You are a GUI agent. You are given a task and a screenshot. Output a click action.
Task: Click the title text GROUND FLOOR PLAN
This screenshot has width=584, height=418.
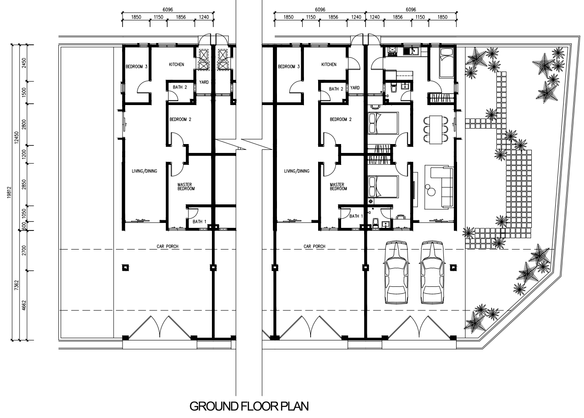249,406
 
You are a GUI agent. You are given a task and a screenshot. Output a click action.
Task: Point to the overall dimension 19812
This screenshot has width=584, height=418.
9,192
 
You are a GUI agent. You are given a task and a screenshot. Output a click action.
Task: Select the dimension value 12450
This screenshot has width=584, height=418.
17,137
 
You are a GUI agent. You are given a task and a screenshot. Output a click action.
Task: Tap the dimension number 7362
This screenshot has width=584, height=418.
17,285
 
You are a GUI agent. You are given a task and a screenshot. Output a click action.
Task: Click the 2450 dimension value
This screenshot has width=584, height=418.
24,63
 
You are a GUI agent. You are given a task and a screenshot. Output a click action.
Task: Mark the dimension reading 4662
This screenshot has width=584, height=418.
24,305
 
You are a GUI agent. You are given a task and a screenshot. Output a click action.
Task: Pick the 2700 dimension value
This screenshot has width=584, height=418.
24,250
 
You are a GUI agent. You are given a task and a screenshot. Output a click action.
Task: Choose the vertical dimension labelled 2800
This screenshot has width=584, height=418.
24,125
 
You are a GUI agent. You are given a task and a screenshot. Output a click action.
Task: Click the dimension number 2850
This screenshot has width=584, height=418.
24,184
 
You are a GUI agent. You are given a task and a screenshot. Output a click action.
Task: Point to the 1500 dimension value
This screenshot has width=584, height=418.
24,93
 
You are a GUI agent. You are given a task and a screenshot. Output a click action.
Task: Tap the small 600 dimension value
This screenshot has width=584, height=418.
24,226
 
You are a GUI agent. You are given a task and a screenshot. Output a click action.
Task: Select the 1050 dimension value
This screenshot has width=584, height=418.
24,214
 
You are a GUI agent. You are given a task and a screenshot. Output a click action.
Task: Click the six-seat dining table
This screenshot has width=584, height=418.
436,129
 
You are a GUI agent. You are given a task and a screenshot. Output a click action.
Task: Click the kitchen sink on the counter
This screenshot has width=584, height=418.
411,51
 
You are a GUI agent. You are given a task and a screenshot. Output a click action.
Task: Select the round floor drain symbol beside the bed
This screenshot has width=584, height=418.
370,201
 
